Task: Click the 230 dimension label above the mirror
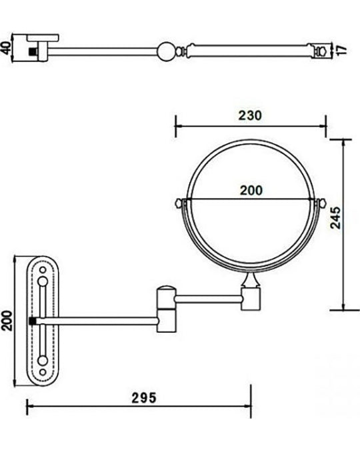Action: coord(250,115)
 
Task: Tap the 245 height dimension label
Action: coord(335,217)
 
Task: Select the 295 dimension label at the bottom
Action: coord(144,398)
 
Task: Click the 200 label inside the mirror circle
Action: coord(251,191)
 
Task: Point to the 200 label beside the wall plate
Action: coord(7,320)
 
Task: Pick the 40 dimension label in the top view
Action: coord(6,47)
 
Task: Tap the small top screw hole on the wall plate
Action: coord(43,270)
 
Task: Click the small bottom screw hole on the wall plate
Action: coord(43,372)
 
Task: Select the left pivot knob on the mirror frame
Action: coord(179,203)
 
